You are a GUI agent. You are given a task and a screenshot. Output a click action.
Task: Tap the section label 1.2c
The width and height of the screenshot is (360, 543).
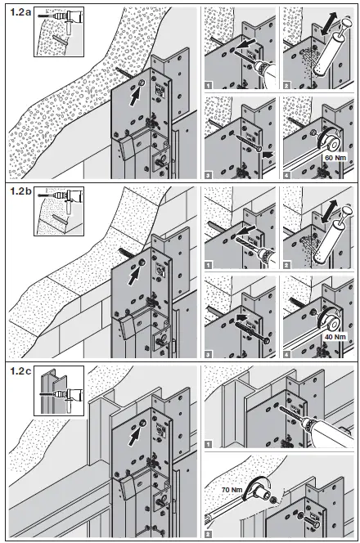19,371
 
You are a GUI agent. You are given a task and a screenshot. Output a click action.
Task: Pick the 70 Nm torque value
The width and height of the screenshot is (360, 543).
232,490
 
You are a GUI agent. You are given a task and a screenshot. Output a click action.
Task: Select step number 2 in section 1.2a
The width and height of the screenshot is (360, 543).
286,84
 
